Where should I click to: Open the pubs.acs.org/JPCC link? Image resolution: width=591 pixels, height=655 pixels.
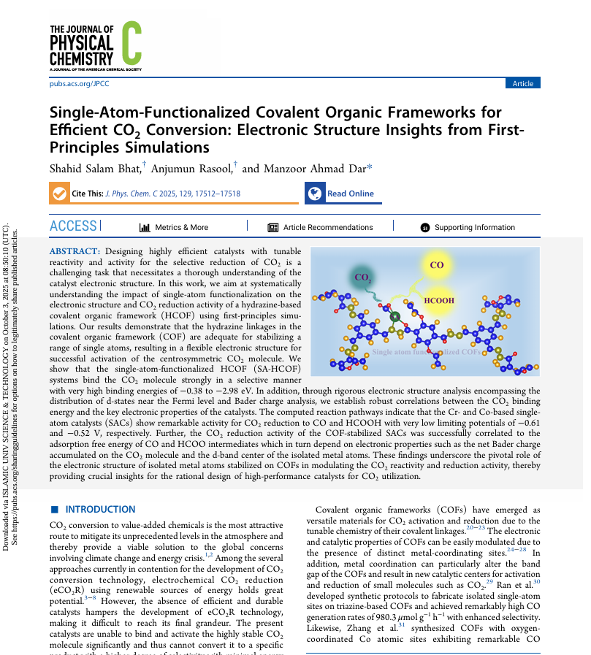click(x=79, y=84)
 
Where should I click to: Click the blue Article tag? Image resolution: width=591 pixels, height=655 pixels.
click(x=522, y=83)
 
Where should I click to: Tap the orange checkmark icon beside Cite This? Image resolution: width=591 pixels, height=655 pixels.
click(x=58, y=194)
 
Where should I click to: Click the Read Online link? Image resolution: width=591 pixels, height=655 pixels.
click(x=350, y=194)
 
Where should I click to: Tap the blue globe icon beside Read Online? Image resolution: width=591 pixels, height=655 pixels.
click(x=315, y=194)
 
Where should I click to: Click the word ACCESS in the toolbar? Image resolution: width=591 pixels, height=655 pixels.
click(x=73, y=226)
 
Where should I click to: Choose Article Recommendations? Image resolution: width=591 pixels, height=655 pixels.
click(x=327, y=227)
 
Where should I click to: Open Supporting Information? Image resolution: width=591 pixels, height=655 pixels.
click(x=475, y=227)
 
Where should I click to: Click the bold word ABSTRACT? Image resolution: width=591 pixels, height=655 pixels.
click(x=75, y=252)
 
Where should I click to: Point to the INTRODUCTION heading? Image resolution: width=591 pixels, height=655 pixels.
click(x=99, y=509)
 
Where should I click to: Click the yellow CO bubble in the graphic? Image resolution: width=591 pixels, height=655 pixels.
click(x=437, y=267)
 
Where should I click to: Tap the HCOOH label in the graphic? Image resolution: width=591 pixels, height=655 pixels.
click(x=439, y=300)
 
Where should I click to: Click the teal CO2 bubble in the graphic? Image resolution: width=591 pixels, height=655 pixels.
click(x=363, y=277)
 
